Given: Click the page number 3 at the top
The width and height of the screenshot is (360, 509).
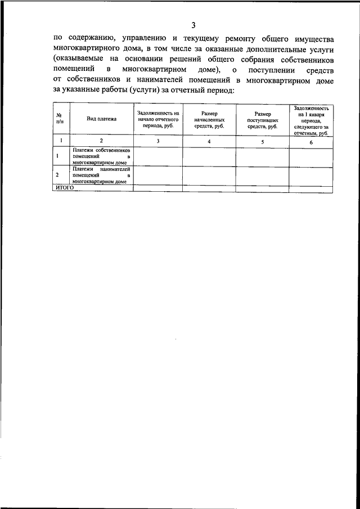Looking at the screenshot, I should pos(193,25).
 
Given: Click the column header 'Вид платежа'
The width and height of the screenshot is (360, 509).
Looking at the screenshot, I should pos(101,119).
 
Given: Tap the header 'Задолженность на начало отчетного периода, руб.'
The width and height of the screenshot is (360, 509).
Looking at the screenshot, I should pos(157,119).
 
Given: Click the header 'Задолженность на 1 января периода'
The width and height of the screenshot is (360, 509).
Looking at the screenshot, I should pos(310,120).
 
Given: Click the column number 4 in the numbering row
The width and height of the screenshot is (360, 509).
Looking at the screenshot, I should pos(209,142).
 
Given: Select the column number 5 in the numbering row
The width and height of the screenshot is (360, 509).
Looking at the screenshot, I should pos(262,142).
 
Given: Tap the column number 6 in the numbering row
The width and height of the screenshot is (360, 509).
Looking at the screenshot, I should pos(310,142).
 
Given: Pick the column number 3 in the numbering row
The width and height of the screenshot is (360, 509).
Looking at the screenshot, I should pos(157,142).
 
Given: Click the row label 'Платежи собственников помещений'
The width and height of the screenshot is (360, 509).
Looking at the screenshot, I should pos(101,157).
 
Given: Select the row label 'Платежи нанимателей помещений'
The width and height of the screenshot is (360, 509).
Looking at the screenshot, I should pos(101,175).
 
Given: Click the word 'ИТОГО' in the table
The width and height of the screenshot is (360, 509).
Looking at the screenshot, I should pos(64,188).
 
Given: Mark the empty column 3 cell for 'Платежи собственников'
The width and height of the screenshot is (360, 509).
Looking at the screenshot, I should pos(157,157).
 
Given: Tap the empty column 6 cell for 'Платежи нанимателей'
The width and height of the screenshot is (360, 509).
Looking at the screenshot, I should pos(310,175).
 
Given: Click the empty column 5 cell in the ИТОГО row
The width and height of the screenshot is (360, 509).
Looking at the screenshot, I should pos(262,188).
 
